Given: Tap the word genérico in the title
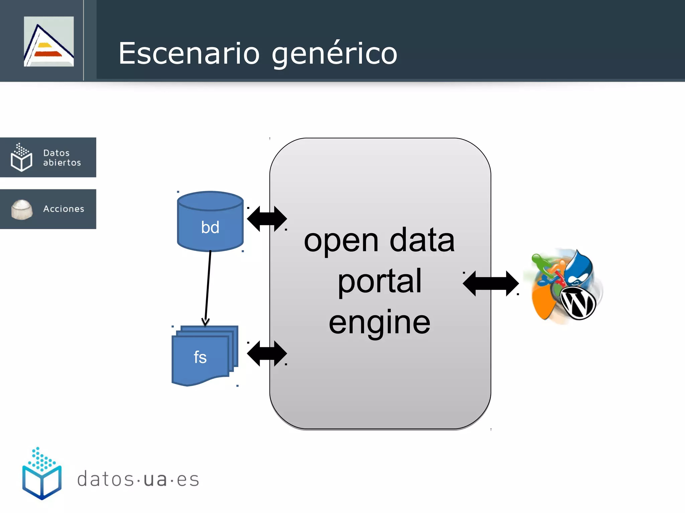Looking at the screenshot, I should (x=334, y=54).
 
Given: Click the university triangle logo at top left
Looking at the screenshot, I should (x=49, y=41).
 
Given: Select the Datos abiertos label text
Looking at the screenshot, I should (x=62, y=158).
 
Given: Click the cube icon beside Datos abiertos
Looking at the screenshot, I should (x=21, y=157).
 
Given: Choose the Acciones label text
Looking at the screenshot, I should (x=64, y=209).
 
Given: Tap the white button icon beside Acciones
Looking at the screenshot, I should (x=22, y=209).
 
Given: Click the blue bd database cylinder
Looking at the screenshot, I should (x=210, y=222).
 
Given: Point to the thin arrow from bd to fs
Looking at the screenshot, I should (x=208, y=287).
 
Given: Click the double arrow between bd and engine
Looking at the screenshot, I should (x=267, y=219).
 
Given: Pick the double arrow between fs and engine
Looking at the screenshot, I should (x=267, y=353).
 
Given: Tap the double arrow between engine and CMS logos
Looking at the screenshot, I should (x=491, y=283).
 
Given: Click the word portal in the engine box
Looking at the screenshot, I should (x=380, y=282).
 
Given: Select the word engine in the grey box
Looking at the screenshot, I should (x=380, y=322).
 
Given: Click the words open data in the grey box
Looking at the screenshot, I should (x=380, y=240).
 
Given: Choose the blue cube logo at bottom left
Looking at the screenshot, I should (x=42, y=474).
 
